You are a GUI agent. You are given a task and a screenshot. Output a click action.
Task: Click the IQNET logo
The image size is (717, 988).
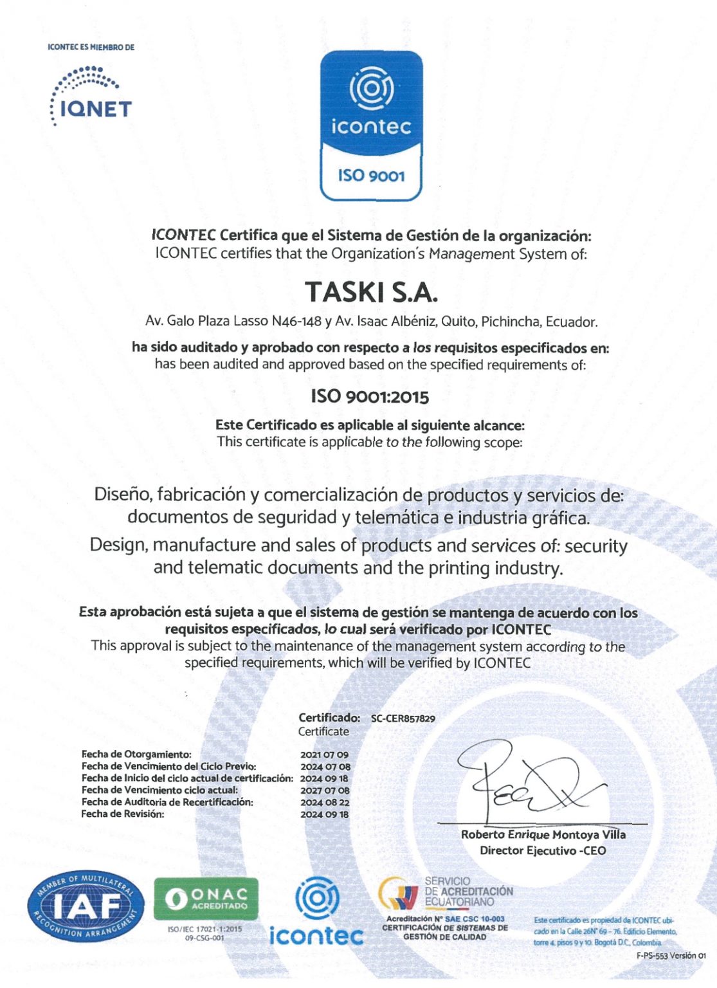[x=91, y=96]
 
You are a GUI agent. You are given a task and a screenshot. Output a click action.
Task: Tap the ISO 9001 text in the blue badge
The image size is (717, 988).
[x=371, y=175]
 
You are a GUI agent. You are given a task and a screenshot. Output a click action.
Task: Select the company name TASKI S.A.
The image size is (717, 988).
[x=371, y=292]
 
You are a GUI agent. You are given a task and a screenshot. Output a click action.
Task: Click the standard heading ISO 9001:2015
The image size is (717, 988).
[x=370, y=396]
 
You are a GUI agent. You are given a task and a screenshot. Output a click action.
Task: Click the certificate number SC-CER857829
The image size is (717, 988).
[x=403, y=718]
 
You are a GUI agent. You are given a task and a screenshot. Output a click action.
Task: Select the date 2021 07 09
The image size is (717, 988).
[x=324, y=755]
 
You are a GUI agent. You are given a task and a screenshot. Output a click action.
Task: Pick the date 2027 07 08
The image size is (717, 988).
[x=325, y=790]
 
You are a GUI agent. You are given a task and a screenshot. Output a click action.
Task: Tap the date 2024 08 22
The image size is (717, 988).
[x=325, y=802]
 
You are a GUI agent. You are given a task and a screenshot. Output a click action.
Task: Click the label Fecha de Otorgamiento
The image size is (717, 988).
[x=136, y=754]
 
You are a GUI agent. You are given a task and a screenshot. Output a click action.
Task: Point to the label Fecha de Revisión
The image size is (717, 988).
[x=123, y=814]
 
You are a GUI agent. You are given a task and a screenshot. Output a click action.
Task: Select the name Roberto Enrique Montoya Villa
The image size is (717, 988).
[x=543, y=834]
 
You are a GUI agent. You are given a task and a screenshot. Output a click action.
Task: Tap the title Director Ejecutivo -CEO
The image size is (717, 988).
[x=543, y=850]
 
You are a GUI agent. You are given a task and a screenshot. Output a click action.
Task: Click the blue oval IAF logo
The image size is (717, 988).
[x=86, y=907]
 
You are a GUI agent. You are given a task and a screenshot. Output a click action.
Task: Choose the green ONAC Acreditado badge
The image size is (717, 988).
[x=206, y=898]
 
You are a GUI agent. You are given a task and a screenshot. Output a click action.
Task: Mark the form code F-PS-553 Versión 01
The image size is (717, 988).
[x=671, y=956]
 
